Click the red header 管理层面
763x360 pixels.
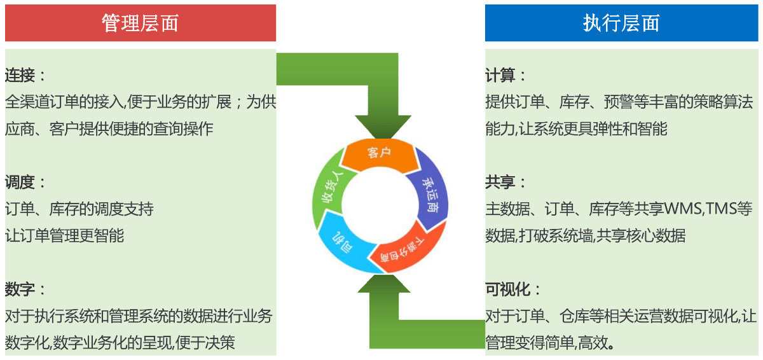(141, 23)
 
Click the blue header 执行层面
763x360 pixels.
(621, 23)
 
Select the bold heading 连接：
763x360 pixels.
(25, 75)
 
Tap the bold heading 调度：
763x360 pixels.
(25, 182)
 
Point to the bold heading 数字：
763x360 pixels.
(25, 289)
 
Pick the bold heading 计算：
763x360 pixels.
(505, 75)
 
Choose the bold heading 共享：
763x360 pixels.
(505, 182)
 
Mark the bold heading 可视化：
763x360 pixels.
(513, 289)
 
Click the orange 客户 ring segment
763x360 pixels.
(380, 155)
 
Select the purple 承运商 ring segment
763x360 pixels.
(430, 194)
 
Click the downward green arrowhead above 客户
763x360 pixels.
(383, 126)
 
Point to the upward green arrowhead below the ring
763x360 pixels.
(384, 284)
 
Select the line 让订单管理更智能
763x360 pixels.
(64, 235)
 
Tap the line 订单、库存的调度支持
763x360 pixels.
(79, 209)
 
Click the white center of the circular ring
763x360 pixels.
(380, 205)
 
